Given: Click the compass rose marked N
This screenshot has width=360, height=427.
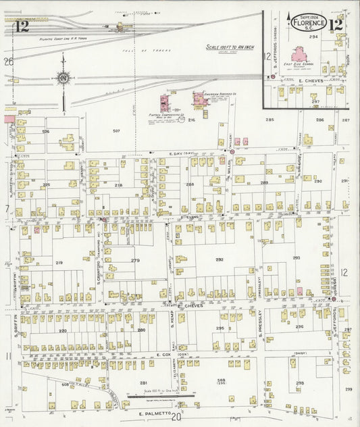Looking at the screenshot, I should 63,78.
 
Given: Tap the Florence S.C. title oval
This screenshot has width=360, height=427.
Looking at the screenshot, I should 309,23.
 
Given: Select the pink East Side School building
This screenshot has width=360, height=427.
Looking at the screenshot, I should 299,54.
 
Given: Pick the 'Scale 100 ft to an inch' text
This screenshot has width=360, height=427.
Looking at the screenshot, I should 228,47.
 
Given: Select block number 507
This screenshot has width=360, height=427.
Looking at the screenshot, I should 116,130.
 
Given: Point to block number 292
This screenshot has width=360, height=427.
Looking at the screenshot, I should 220,259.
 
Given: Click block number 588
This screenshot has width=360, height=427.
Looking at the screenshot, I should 221,381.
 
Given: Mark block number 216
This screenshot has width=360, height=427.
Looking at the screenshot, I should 191,120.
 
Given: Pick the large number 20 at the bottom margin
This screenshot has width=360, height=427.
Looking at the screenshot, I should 176,418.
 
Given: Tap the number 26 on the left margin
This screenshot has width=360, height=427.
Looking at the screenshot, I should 8,61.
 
